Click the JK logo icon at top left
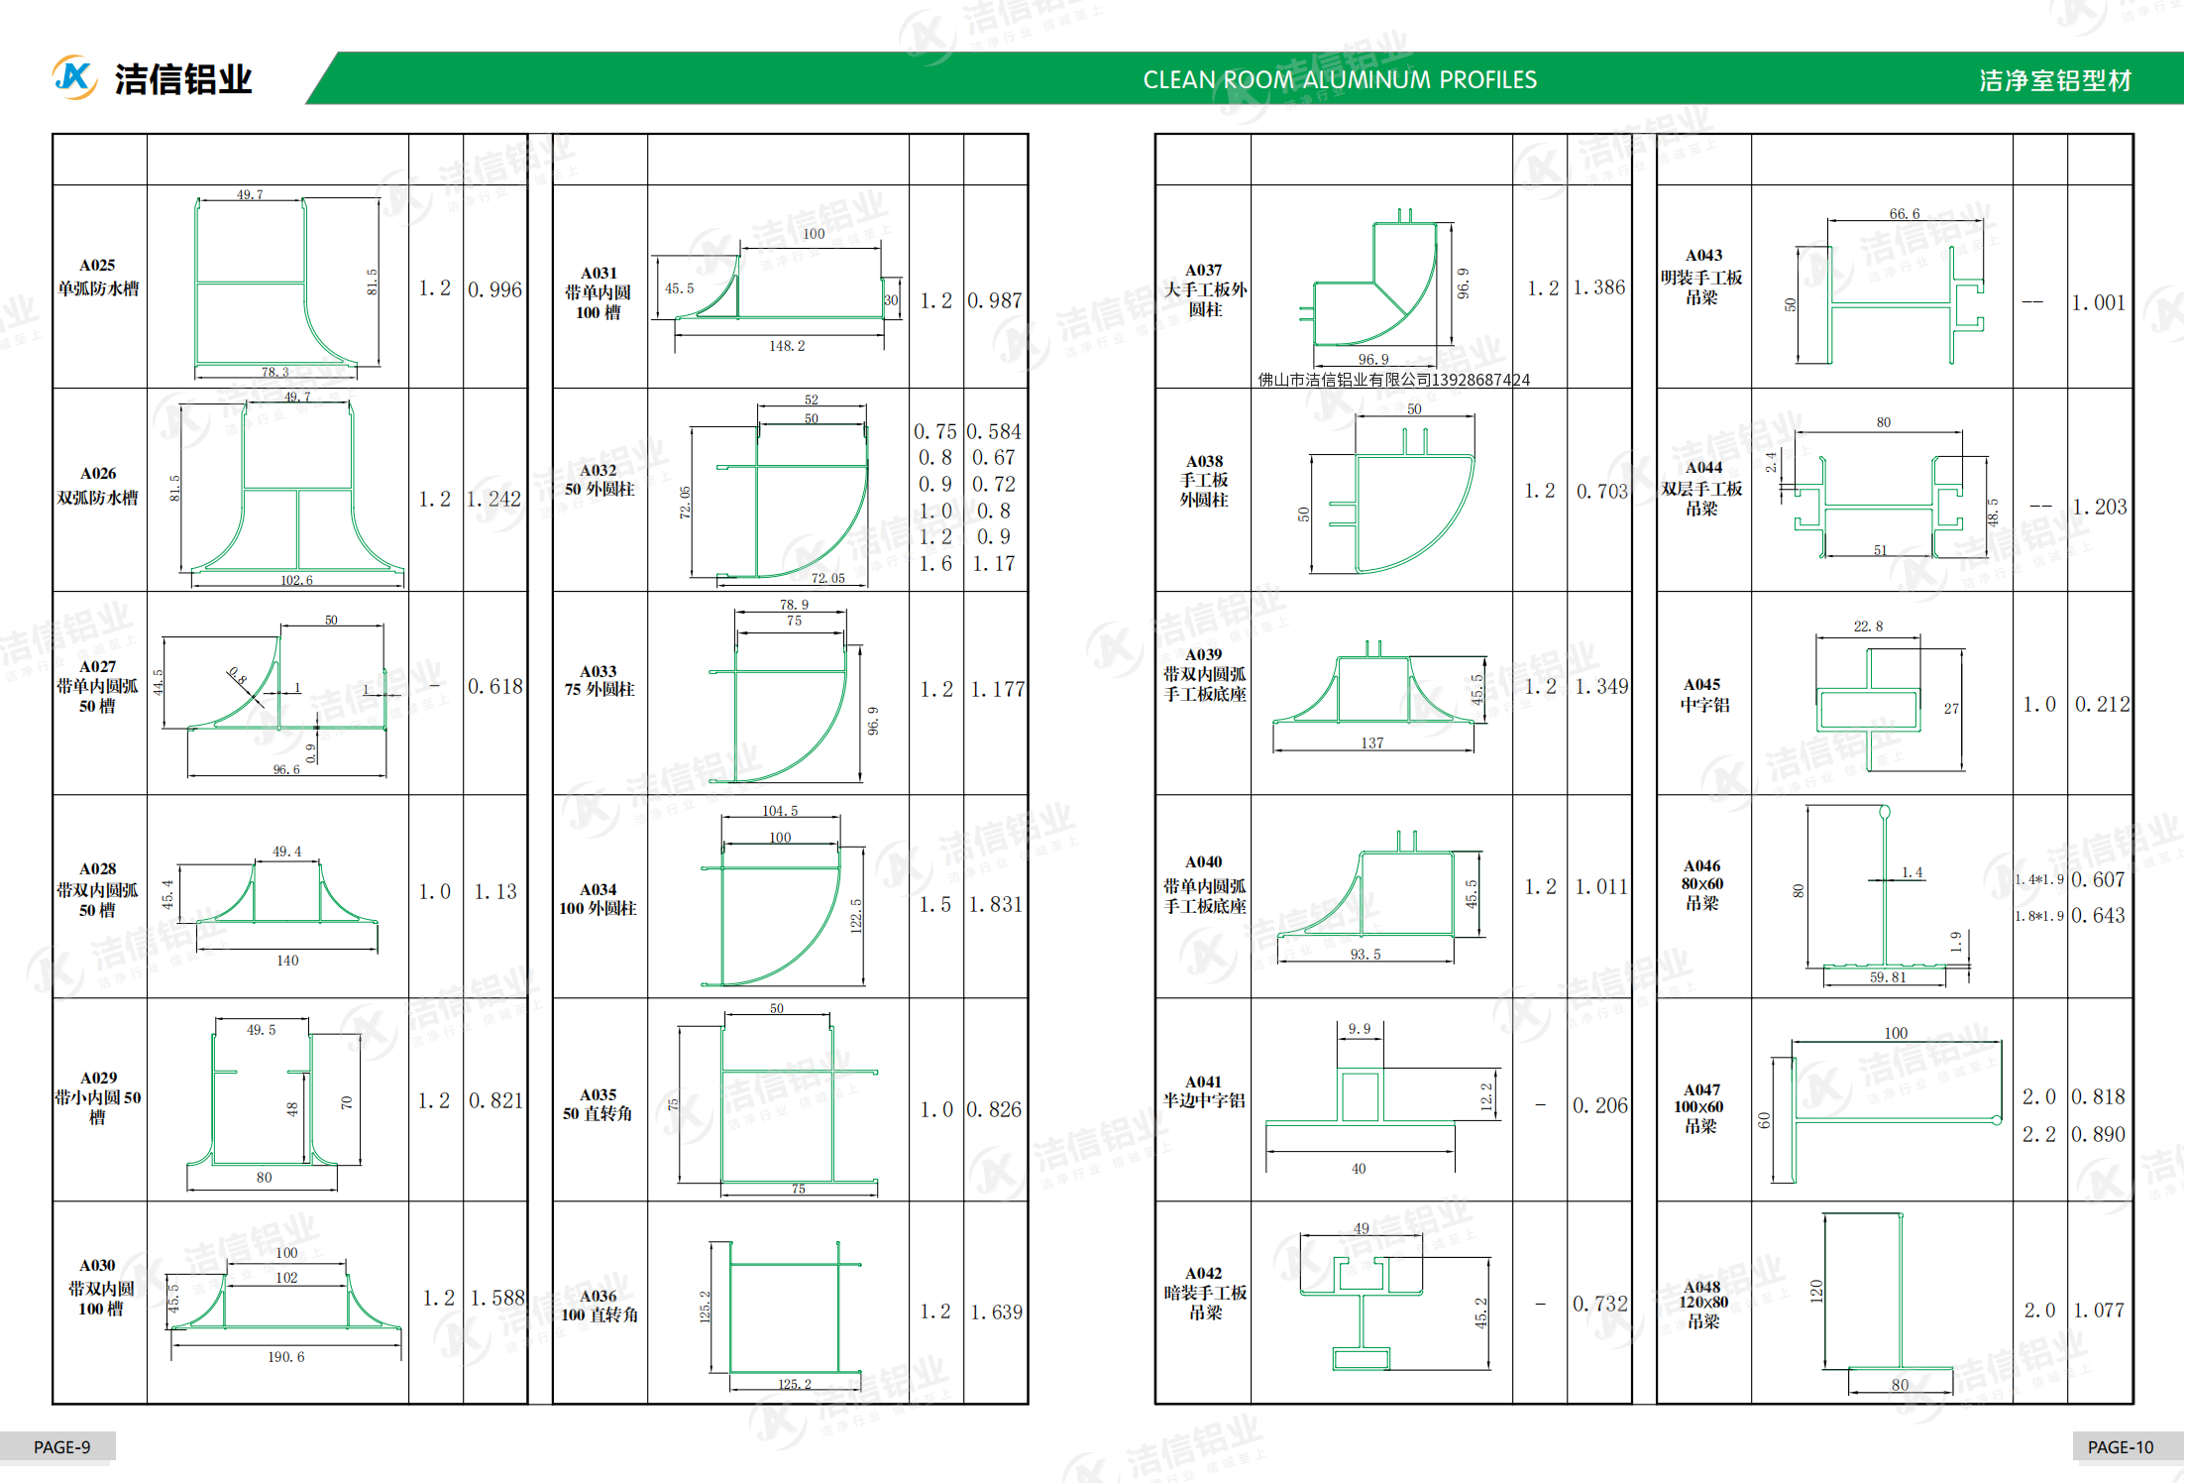(x=74, y=77)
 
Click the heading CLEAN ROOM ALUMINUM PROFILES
(x=1339, y=80)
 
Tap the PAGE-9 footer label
(x=61, y=1447)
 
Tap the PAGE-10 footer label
(x=2120, y=1447)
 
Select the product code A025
(x=97, y=266)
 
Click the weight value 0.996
(x=494, y=289)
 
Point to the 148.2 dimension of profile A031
(x=787, y=346)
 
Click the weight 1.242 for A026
(x=494, y=499)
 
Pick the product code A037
(x=1203, y=270)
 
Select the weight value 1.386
(x=1598, y=287)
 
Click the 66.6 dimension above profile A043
(x=1904, y=214)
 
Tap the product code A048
(x=1702, y=1287)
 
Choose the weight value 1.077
(x=2099, y=1311)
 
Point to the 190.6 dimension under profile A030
(x=285, y=1357)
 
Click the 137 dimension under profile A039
(x=1371, y=742)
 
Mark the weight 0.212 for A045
(x=2102, y=704)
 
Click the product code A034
(x=598, y=890)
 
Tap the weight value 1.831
(x=995, y=904)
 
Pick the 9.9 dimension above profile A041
(x=1359, y=1029)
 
